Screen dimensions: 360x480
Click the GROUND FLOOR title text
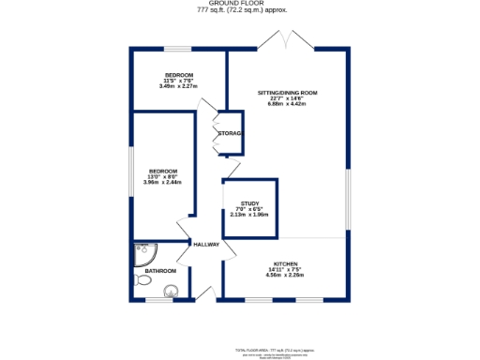241,4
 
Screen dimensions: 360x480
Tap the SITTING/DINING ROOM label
288,93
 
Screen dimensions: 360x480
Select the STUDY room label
249,203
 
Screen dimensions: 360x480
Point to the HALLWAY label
206,245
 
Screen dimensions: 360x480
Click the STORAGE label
231,134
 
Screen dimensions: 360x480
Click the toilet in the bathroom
170,290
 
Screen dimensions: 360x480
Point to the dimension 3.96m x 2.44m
162,182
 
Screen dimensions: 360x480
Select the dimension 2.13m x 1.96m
249,215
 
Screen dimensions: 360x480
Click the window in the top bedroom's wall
178,49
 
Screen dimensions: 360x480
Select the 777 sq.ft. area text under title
242,10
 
